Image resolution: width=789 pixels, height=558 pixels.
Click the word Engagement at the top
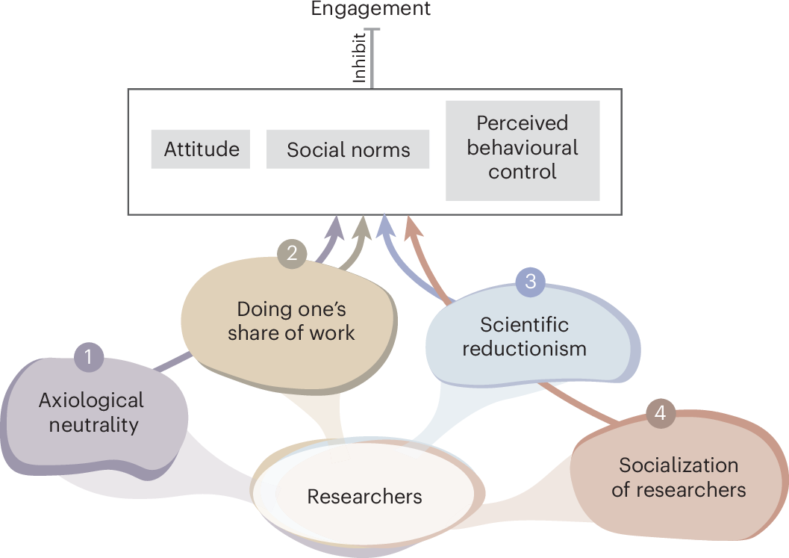click(x=371, y=9)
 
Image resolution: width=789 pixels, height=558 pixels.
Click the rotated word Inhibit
click(x=360, y=57)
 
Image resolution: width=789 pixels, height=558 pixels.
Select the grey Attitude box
click(x=202, y=149)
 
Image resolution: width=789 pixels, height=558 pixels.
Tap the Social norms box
click(x=348, y=149)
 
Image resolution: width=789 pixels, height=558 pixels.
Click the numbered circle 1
click(x=88, y=357)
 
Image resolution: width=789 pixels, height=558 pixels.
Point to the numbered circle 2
click(x=292, y=253)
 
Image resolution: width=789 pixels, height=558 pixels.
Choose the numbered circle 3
click(x=531, y=282)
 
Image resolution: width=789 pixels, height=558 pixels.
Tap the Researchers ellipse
click(x=364, y=496)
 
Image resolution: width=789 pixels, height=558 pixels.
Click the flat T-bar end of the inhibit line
click(x=371, y=30)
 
